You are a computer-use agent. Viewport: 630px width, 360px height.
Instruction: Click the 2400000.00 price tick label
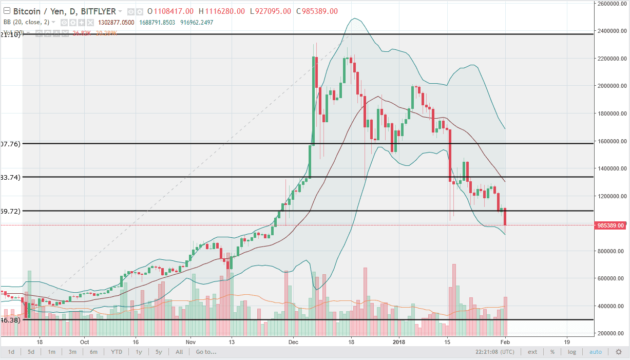coord(610,31)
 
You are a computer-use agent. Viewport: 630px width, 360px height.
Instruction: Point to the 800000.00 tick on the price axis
coord(610,251)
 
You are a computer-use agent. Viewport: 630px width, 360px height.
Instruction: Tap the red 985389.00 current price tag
coord(610,225)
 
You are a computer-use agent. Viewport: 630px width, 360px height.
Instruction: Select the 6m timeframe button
coord(93,352)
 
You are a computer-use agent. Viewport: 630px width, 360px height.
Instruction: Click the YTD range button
coord(116,352)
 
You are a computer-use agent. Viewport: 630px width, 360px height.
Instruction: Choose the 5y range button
coord(159,352)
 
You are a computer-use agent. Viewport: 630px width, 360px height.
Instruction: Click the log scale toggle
coord(572,352)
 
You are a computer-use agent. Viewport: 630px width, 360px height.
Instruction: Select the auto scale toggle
coord(596,352)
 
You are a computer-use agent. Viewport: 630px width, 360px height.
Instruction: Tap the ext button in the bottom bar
coord(532,352)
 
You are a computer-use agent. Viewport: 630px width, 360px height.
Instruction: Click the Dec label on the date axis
coord(293,342)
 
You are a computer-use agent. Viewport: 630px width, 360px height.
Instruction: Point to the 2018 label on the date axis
coord(399,342)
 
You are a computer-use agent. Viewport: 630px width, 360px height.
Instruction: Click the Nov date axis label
coord(190,342)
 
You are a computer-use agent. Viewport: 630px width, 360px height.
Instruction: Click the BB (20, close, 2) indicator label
coord(29,23)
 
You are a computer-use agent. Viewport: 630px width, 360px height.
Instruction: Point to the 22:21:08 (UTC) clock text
coord(495,352)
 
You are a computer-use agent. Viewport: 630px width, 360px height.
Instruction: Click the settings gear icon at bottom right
coord(619,352)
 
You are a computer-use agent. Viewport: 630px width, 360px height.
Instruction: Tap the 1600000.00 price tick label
coord(610,141)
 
